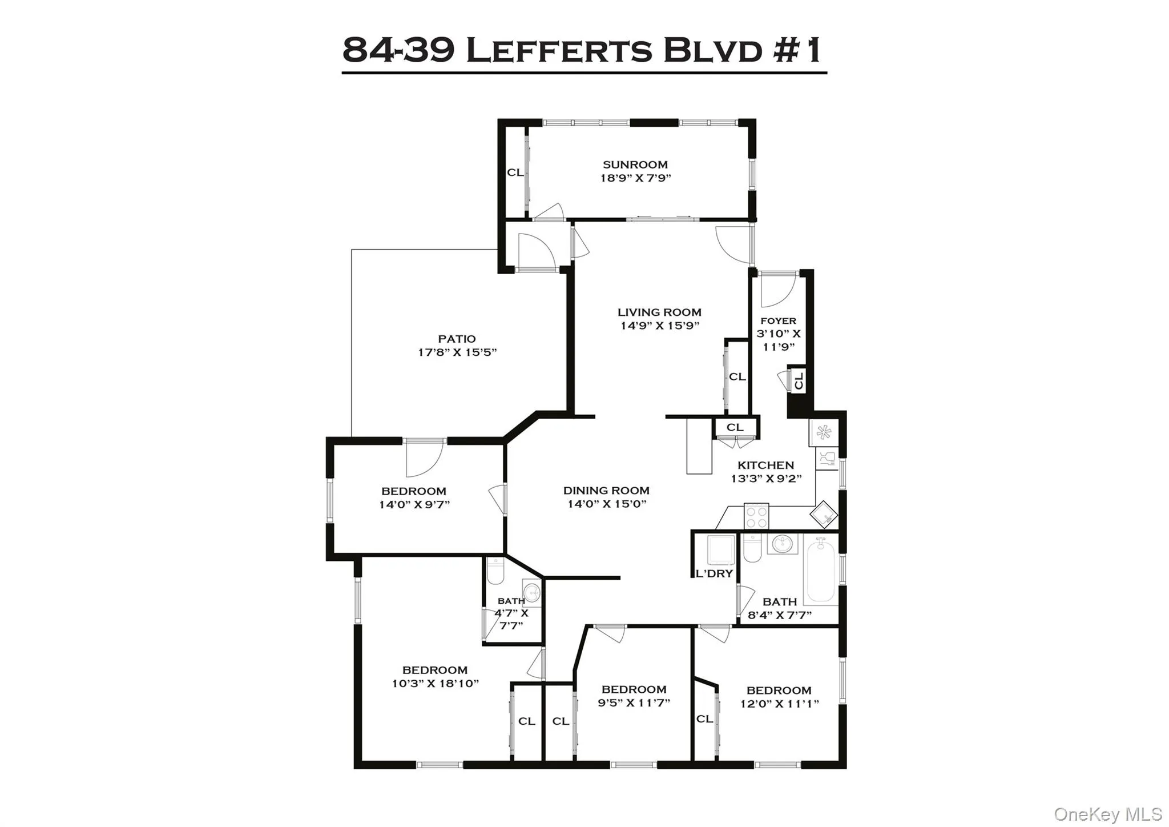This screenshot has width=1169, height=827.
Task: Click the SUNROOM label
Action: tap(635, 164)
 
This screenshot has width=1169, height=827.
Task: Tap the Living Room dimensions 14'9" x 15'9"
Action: tap(660, 326)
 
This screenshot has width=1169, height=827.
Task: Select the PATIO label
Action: tap(457, 339)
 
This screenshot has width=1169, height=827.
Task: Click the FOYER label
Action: tap(778, 321)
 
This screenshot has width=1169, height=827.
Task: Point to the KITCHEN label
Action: tap(765, 465)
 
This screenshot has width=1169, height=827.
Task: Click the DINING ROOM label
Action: tap(606, 490)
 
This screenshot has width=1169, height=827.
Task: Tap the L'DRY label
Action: tap(714, 574)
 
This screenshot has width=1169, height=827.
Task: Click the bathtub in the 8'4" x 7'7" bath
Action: tap(821, 571)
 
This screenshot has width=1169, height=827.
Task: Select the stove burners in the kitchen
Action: tap(756, 517)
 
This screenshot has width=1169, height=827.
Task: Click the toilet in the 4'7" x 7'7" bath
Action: tap(495, 572)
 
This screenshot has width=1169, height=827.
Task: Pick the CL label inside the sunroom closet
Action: tap(515, 172)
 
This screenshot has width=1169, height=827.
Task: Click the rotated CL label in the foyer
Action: tap(799, 380)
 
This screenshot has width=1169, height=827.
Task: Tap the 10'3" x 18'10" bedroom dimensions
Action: tap(435, 683)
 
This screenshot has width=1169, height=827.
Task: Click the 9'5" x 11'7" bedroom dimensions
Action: tap(634, 702)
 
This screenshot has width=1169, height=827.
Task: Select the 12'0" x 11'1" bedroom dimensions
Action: tap(779, 704)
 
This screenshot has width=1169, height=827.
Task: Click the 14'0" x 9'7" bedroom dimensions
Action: tap(414, 504)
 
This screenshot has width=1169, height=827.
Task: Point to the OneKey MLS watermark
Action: tap(1107, 814)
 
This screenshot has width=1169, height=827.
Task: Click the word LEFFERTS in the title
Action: tap(559, 50)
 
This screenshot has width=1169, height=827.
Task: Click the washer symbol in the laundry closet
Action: tap(721, 549)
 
